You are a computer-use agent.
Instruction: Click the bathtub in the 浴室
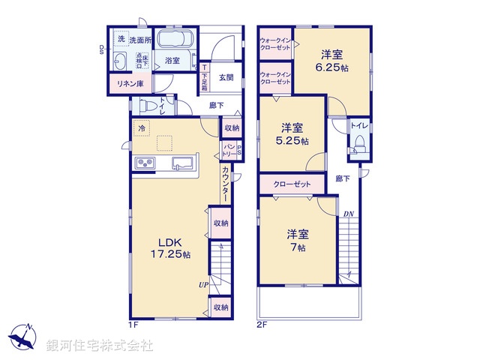click(178, 39)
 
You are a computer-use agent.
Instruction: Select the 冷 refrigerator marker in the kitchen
click(141, 128)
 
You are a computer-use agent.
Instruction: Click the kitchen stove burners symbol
click(145, 163)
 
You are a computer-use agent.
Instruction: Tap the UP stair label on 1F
click(202, 285)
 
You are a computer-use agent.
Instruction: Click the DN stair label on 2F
click(348, 214)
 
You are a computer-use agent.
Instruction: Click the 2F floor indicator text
click(262, 324)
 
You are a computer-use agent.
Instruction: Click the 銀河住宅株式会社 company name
click(100, 346)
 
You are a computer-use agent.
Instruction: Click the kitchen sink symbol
click(184, 163)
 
